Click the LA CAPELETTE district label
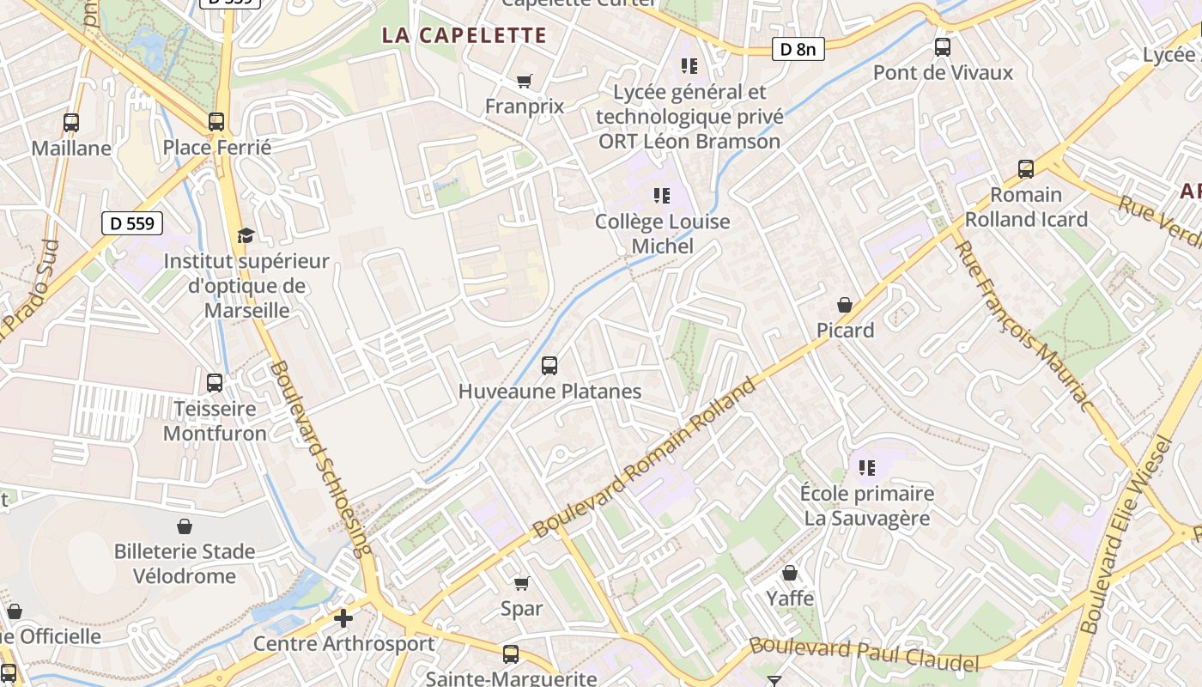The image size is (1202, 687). point(464,35)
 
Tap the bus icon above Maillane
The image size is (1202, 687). point(71,123)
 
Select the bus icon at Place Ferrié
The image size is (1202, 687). point(216,122)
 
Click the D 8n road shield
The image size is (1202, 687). point(797,49)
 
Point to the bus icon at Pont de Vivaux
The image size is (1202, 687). point(943,47)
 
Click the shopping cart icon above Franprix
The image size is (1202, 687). point(524,82)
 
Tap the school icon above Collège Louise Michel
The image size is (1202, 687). point(661,196)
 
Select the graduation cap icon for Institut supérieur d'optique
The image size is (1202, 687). point(246,235)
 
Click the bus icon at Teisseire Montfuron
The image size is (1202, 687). point(215,383)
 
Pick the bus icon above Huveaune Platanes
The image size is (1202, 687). point(549,366)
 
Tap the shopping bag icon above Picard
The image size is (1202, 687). point(845,305)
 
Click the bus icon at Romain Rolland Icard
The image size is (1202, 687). point(1025,169)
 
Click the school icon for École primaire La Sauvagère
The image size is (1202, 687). point(867,468)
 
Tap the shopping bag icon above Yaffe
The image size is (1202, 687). point(790,573)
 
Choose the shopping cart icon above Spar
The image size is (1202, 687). point(521,584)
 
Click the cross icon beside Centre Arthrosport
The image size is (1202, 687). point(343,618)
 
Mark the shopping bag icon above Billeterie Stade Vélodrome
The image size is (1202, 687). point(185,526)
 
